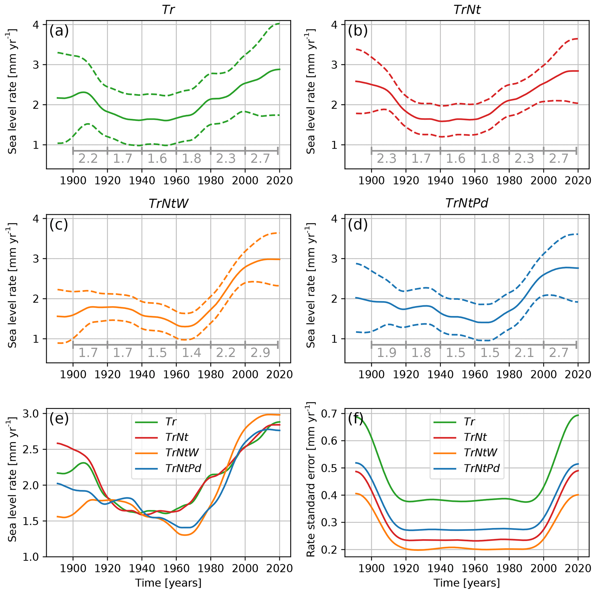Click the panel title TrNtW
coord(168,203)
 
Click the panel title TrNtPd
coord(467,203)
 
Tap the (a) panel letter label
coord(59,31)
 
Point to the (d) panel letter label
coord(358,225)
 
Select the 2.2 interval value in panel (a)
coord(88,159)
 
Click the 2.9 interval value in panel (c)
coord(260,353)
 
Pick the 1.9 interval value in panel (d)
coord(387,353)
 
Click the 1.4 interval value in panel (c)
coord(191,353)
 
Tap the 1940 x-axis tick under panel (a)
coord(142,180)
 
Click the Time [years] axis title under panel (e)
coord(168,583)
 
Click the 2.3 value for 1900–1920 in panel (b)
coord(387,159)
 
